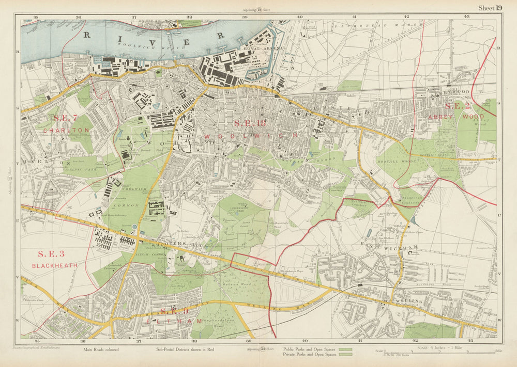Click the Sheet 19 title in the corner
click(x=490, y=7)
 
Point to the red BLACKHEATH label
click(x=55, y=265)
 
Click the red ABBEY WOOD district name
click(x=449, y=117)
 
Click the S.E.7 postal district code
click(x=66, y=118)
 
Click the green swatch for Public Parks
click(x=344, y=349)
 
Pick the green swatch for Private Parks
click(x=344, y=355)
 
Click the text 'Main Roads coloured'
click(x=100, y=349)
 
